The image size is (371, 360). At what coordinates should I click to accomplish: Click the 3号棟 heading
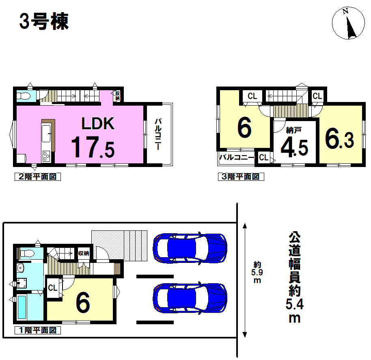(44, 21)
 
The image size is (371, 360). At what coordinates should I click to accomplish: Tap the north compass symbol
(348, 23)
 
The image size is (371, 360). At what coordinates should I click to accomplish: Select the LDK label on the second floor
(98, 124)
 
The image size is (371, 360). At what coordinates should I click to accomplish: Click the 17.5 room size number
(93, 147)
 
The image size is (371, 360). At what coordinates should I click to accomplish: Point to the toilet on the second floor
(24, 96)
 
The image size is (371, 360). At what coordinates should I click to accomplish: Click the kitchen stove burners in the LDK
(46, 156)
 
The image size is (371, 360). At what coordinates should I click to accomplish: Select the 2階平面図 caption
(38, 177)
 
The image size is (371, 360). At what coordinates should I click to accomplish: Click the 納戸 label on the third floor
(293, 130)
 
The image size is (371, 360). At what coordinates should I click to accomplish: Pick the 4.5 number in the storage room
(294, 148)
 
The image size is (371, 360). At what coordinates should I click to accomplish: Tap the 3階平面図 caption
(241, 177)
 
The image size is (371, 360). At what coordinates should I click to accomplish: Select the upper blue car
(190, 248)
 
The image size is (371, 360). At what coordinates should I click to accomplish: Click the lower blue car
(190, 298)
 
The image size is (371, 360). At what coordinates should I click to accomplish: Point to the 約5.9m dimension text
(257, 272)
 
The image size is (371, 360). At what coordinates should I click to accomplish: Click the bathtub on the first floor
(22, 307)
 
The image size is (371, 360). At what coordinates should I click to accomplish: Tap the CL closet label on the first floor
(52, 288)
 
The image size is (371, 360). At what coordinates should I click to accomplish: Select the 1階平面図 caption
(38, 330)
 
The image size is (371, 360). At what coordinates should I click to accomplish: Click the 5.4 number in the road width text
(294, 305)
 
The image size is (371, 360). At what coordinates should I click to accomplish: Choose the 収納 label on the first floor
(84, 253)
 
